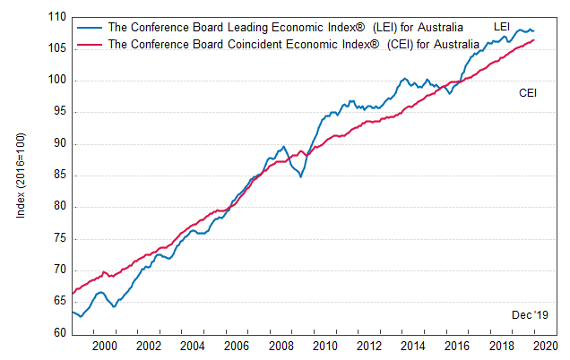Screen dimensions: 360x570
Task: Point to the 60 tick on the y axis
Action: pos(58,333)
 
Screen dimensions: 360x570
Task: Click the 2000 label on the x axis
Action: pos(104,347)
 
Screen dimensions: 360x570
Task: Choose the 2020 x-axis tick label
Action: pos(545,347)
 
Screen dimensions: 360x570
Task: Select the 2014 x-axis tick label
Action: pos(412,347)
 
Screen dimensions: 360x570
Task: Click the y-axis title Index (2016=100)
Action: pos(21,175)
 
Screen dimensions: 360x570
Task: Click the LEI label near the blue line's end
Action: pos(502,27)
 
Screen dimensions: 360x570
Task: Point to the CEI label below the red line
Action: pos(528,92)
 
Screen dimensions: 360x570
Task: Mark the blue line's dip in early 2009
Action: pos(300,176)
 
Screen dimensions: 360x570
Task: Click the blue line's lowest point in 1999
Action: pos(81,316)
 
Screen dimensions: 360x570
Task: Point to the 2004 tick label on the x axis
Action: pos(192,347)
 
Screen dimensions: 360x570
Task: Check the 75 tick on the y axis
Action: pos(58,238)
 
